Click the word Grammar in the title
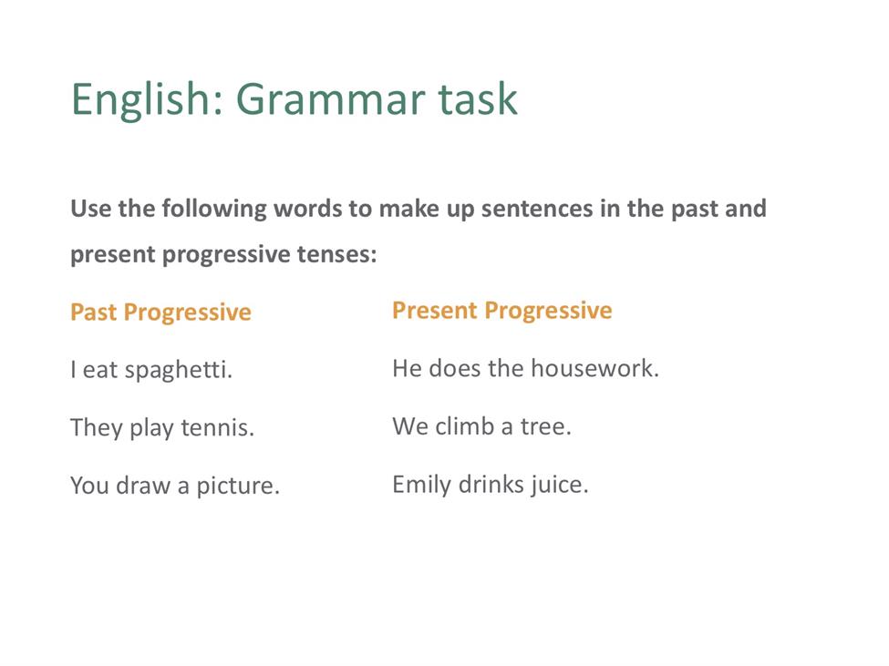tap(330, 99)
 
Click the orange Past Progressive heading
tap(161, 313)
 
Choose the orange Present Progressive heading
tap(502, 311)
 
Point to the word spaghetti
tap(178, 371)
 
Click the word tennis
tap(217, 427)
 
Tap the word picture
tap(238, 487)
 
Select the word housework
tap(594, 369)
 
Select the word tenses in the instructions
tap(336, 255)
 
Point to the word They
tap(97, 427)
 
